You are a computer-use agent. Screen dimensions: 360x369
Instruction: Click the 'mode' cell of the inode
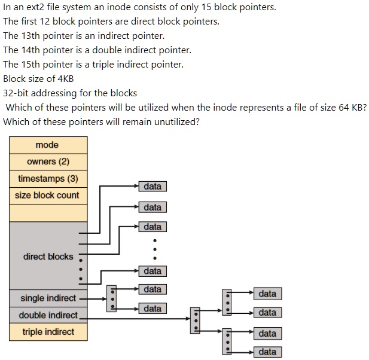pos(47,145)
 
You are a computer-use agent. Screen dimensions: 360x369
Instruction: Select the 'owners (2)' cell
pos(48,162)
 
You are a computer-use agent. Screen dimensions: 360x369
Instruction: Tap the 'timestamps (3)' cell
pos(48,179)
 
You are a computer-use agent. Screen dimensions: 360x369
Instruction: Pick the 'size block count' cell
pos(48,196)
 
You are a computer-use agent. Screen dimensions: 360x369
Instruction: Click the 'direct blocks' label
pos(48,257)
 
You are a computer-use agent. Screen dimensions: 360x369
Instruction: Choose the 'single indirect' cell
pos(48,298)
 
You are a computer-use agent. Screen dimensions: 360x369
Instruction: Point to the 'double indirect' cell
pos(48,315)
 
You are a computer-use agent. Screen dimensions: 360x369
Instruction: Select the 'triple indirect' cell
pos(48,332)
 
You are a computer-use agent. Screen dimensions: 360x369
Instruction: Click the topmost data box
pos(153,187)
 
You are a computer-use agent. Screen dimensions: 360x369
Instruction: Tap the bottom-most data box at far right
pos(267,352)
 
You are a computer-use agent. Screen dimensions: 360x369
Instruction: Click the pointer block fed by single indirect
pos(111,298)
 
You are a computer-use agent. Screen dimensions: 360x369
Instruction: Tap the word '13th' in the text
pos(31,35)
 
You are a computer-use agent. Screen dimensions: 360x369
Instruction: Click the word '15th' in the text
pos(31,64)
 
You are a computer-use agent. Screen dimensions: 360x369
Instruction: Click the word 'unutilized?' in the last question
pos(176,121)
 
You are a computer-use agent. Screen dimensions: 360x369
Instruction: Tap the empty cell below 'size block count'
pos(48,213)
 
